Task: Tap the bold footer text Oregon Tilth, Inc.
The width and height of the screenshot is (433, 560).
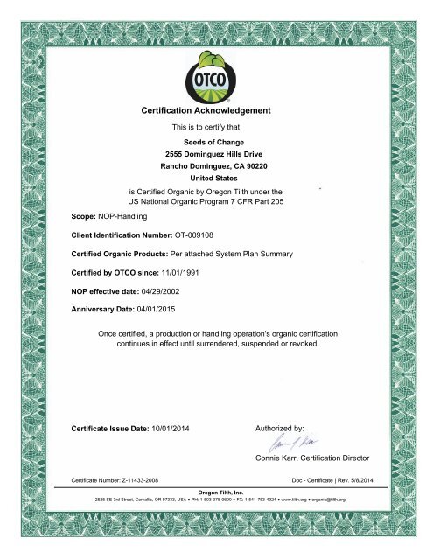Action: [216, 492]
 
